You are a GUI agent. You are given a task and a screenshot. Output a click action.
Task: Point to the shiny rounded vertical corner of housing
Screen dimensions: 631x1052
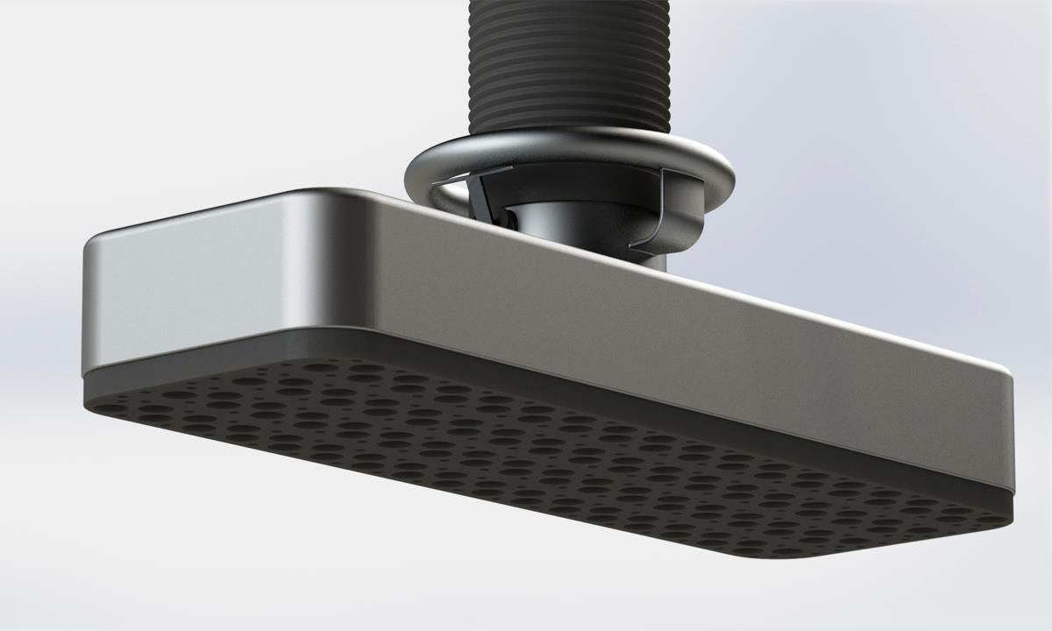coord(316,272)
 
